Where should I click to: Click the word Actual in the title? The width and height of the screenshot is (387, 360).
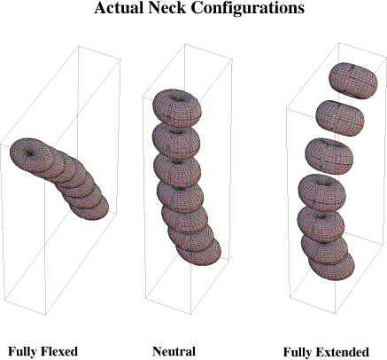click(x=119, y=8)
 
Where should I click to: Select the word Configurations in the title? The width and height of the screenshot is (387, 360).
click(x=248, y=8)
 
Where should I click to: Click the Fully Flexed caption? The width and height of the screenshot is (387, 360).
click(x=43, y=351)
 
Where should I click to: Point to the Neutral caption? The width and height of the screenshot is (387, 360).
click(x=174, y=351)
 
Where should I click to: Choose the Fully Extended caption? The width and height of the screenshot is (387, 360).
click(x=326, y=352)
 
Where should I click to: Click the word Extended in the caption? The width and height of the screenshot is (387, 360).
click(x=343, y=352)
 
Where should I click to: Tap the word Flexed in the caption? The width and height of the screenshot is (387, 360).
click(x=59, y=351)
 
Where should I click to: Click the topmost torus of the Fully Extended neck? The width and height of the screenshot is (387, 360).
click(x=353, y=81)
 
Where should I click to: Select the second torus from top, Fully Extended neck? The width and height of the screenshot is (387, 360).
click(x=340, y=118)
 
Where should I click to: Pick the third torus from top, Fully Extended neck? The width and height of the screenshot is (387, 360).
click(x=329, y=156)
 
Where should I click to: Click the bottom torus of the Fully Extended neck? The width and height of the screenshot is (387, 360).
click(x=332, y=266)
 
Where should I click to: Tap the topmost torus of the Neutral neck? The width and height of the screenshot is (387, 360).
click(x=177, y=108)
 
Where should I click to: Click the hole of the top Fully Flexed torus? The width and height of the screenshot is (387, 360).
click(x=30, y=153)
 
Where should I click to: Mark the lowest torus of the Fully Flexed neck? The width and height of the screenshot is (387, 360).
click(x=91, y=208)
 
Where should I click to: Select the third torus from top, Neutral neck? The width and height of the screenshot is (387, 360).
click(x=177, y=171)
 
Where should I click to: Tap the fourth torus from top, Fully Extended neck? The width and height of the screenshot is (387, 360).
click(x=322, y=192)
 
